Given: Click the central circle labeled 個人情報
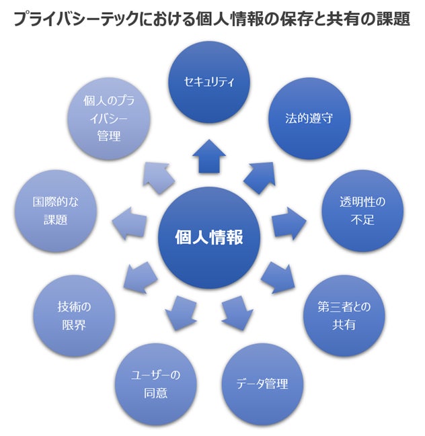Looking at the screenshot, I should pos(208,236).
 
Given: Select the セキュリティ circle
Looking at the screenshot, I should pos(208,82).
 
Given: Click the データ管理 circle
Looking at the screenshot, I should pos(262,384).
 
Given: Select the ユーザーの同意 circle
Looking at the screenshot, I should pos(155,384).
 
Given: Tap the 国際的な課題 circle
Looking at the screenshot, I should pos(56,210).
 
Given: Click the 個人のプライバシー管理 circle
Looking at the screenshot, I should pos(110,118).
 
